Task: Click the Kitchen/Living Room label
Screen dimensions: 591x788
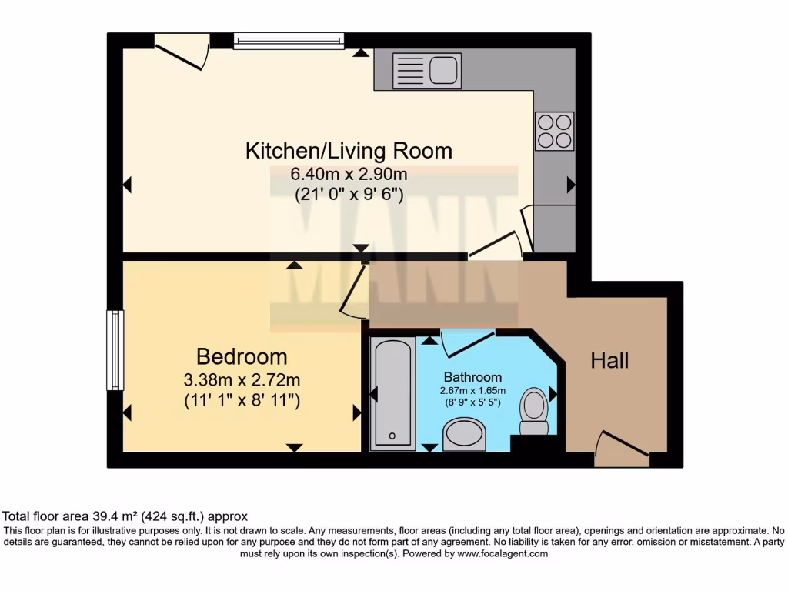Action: coord(349,150)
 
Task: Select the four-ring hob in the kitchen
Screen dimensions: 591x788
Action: coord(554,131)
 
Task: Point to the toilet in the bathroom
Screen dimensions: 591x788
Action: coord(534,412)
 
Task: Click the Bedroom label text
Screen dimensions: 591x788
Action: coord(242,357)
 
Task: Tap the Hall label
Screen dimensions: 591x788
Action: coord(609,360)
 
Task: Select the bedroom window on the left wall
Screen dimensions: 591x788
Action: coord(115,350)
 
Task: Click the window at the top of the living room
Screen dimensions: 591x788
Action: coord(289,41)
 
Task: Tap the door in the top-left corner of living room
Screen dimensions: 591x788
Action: coord(182,51)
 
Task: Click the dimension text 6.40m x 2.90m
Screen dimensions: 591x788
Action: coord(349,175)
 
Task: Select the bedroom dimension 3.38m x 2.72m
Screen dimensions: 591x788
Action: coord(242,380)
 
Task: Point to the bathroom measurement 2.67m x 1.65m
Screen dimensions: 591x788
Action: coord(472,391)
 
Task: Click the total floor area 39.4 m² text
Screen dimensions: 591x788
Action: coord(125,516)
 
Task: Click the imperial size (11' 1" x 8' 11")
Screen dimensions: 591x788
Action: coord(242,401)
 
